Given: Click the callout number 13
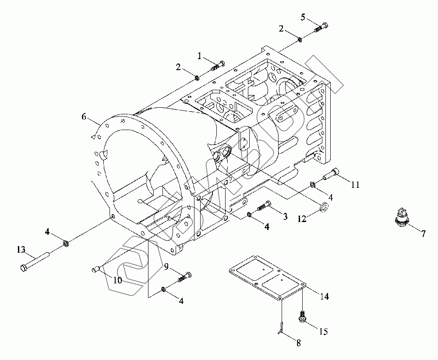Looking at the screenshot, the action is coord(21,250).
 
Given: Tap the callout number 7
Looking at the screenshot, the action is coord(423,234).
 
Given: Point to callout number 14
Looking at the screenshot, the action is coord(324,296).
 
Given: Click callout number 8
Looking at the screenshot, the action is coord(298,343).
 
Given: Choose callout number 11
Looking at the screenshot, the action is coord(355,185).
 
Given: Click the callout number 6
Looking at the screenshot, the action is coord(84,116).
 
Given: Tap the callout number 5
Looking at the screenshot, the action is coord(303,17).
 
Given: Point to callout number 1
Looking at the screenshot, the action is coord(200,56).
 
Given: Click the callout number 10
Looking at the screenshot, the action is coord(117,280).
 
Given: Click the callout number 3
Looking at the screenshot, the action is coord(285,216).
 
